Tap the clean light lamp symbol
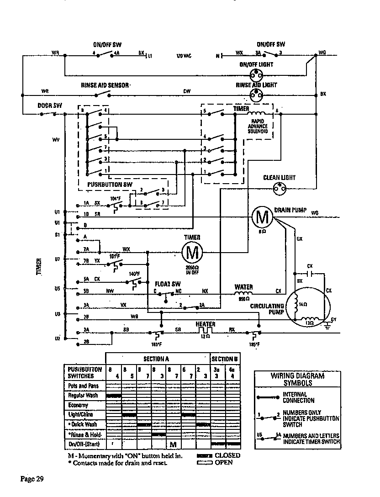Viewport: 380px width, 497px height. click(x=279, y=188)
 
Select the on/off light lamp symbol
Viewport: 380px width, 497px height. click(x=256, y=75)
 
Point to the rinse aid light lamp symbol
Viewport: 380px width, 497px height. click(x=256, y=95)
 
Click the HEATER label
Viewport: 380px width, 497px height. click(x=206, y=324)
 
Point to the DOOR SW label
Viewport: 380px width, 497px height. click(x=49, y=106)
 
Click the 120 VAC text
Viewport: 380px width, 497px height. click(x=184, y=56)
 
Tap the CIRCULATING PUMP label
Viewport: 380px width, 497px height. click(x=268, y=309)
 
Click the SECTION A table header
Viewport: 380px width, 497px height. click(x=158, y=359)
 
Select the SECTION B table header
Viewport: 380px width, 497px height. click(x=225, y=359)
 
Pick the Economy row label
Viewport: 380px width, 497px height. click(x=78, y=405)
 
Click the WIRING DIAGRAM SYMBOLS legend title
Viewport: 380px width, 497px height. click(x=297, y=380)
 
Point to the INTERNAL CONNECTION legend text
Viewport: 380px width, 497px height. click(x=298, y=397)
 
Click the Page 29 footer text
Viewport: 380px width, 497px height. click(x=32, y=479)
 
